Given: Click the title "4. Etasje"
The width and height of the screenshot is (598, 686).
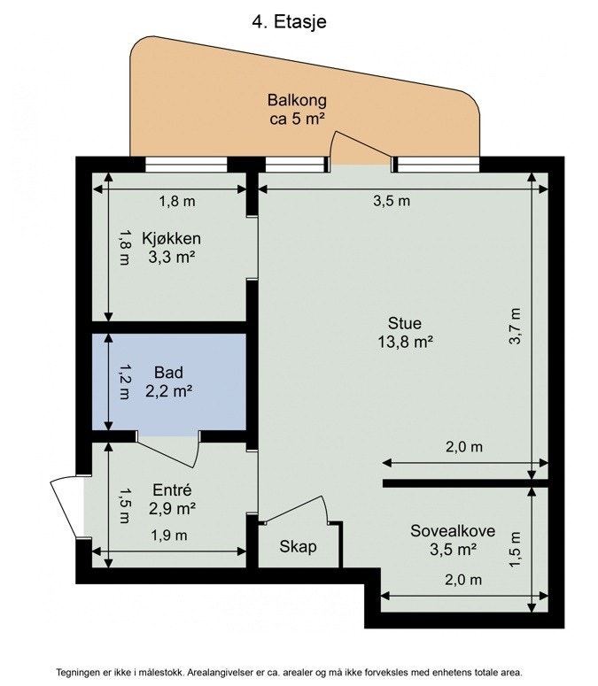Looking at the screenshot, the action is click(289, 21).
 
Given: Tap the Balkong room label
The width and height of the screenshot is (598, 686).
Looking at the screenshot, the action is click(297, 109).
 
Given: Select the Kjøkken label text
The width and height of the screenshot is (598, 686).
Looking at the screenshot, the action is click(172, 248).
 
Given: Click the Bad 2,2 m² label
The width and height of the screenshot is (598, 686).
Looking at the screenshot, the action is click(168, 382).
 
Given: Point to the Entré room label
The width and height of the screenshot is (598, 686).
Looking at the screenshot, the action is click(172, 499).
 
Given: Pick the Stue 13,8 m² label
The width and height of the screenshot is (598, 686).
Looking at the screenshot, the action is click(405, 332).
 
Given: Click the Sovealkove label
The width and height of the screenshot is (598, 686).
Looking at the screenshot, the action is click(453, 540).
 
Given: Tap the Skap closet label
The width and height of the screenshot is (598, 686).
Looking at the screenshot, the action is click(298, 546).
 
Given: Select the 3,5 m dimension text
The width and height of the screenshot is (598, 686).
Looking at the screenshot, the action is click(392, 201).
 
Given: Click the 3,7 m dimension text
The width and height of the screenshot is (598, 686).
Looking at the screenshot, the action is click(516, 326).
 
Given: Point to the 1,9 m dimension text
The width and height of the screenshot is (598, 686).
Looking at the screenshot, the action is click(169, 535).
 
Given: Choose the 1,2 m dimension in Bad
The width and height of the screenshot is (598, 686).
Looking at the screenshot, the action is click(124, 382).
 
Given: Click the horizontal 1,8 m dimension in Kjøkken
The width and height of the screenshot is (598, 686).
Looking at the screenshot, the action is click(177, 202).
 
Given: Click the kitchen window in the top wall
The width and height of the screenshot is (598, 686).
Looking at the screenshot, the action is click(187, 165).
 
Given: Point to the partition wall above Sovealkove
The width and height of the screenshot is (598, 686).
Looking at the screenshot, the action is click(465, 483).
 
